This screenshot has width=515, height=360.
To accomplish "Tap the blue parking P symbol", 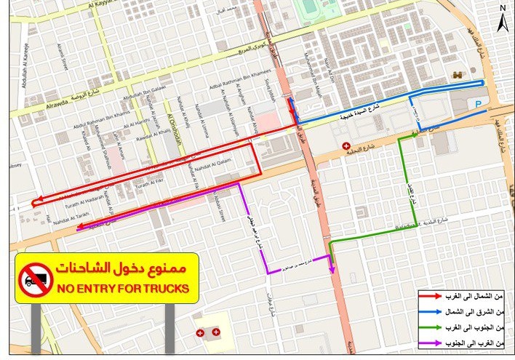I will pos(477,103).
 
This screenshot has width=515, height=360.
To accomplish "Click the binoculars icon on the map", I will pos(458,75).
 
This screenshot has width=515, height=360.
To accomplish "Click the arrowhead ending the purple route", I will pos(332,269).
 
